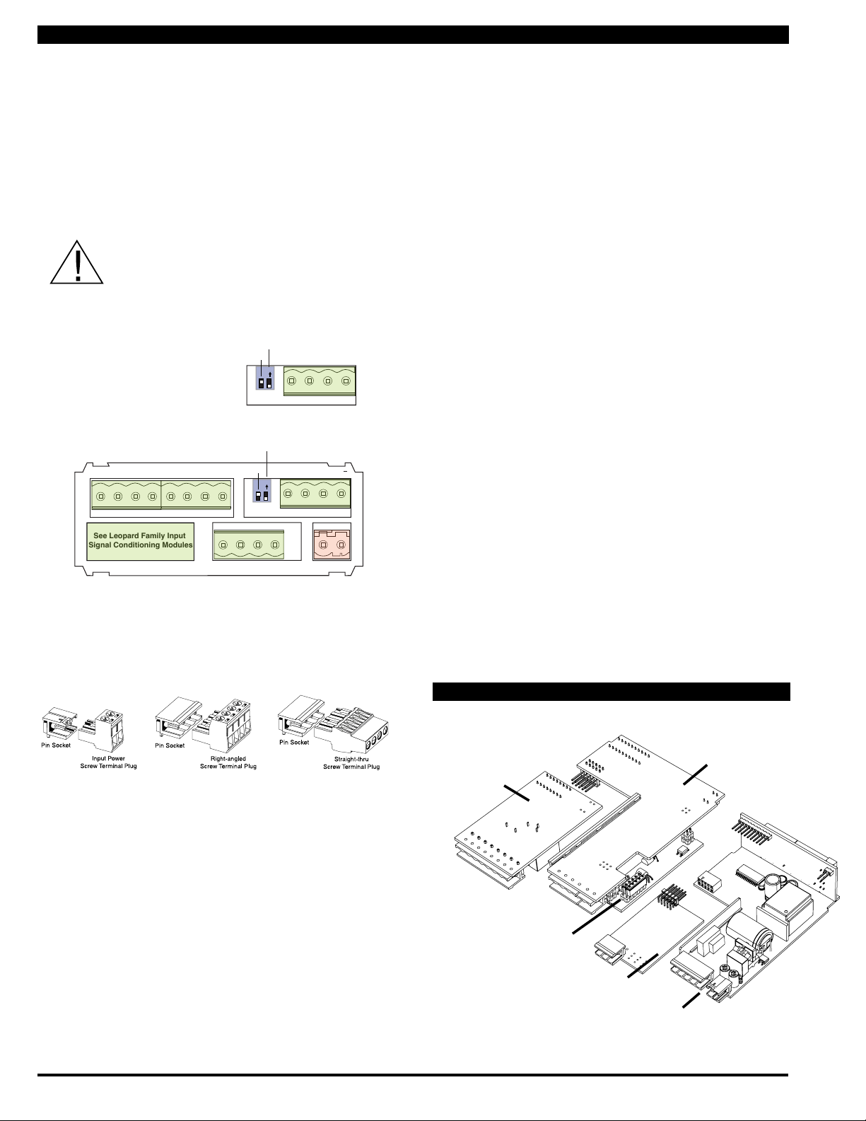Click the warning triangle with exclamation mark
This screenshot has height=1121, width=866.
coord(77,262)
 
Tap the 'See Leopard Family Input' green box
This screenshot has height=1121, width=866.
coord(140,541)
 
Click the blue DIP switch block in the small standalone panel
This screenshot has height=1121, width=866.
coord(265,378)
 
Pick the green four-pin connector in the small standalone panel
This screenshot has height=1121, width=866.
coord(320,381)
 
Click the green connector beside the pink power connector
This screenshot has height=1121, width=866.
coord(249,545)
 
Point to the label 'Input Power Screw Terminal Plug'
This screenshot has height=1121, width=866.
coord(108,762)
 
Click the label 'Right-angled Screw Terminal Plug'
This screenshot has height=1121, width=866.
coord(228,762)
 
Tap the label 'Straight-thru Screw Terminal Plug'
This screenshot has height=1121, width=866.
coord(351,763)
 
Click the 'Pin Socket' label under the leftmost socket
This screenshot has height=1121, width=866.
coord(56,745)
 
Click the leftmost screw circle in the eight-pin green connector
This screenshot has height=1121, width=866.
coord(101,496)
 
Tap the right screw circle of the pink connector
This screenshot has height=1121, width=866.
coord(340,545)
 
